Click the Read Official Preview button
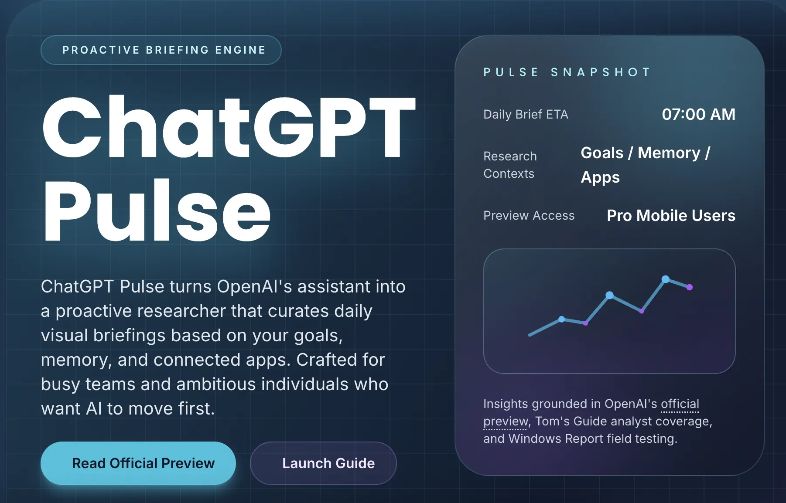coord(138,463)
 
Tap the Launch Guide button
coord(323,463)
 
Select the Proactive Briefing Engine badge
coord(161,50)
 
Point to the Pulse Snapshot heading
coord(567,72)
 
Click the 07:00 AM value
coord(698,114)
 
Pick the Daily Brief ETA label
coord(526,114)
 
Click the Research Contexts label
coord(510,165)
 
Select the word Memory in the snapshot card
coord(669,153)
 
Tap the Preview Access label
coord(529,215)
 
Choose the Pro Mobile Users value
coord(671,215)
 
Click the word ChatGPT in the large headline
coord(229,127)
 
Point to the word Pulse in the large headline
coord(157,210)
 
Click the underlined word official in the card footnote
coord(680,404)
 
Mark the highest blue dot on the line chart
coord(666,279)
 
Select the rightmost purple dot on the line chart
coord(690,287)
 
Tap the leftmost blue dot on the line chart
coord(562,319)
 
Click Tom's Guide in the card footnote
coord(571,421)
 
